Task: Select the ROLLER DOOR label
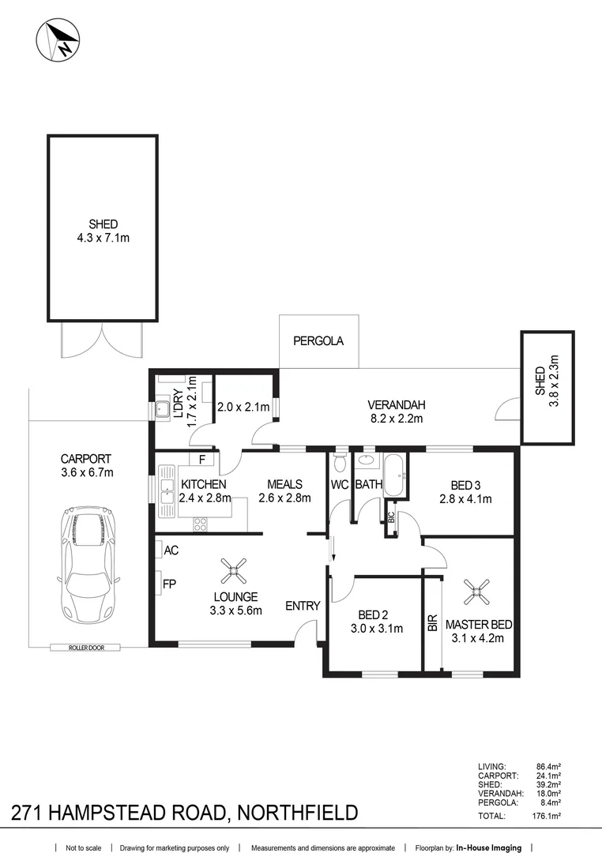click(x=87, y=648)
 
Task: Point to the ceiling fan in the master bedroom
click(x=477, y=587)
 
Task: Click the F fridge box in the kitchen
click(x=202, y=459)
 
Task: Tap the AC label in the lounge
click(x=171, y=548)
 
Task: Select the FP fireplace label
click(x=169, y=585)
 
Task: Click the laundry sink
click(x=162, y=409)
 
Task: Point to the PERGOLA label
click(x=318, y=342)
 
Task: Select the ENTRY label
click(x=303, y=606)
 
